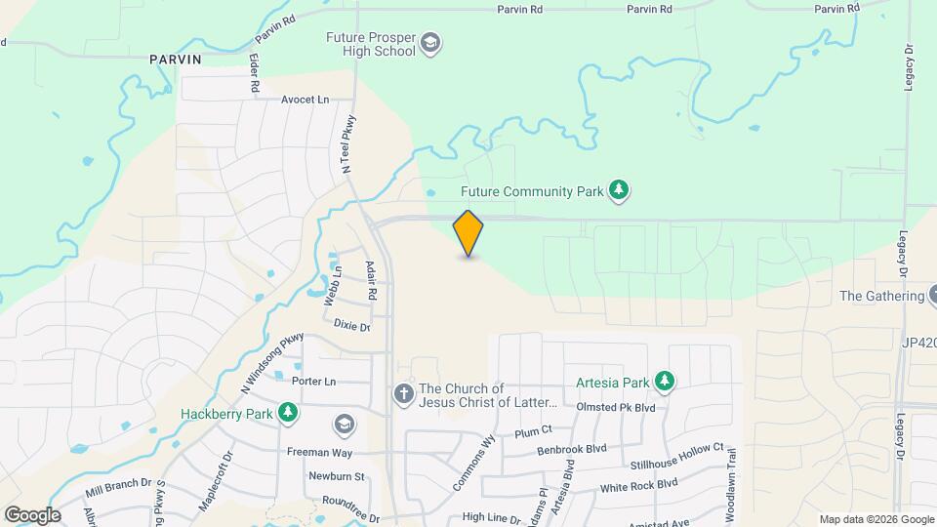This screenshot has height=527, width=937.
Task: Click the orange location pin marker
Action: (468, 233)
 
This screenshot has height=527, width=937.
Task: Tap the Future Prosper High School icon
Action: (431, 44)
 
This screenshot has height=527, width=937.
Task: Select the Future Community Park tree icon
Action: (618, 191)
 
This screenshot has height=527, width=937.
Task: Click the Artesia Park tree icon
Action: (665, 381)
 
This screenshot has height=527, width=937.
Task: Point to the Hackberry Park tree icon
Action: (288, 414)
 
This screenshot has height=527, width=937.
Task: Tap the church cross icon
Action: (402, 394)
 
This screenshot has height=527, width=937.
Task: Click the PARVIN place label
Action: (176, 60)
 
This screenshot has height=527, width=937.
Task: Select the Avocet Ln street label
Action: (306, 100)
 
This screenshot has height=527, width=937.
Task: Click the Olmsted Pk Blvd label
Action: (616, 407)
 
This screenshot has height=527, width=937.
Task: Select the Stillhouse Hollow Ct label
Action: (677, 448)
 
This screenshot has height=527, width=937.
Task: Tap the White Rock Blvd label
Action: (638, 485)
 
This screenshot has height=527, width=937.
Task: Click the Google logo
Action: (32, 514)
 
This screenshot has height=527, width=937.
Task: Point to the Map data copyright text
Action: (876, 519)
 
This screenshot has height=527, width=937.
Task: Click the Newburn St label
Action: (337, 477)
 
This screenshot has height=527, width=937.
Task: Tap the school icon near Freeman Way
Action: (344, 424)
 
